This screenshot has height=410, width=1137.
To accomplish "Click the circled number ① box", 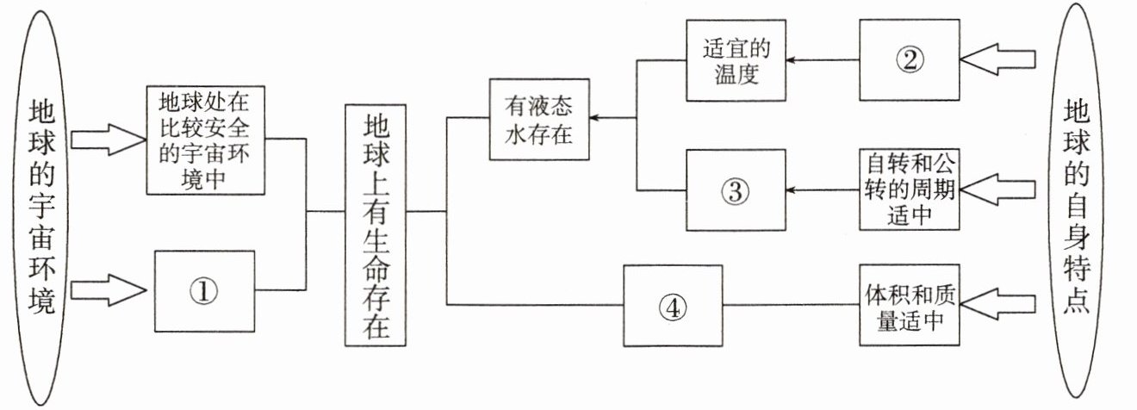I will click(x=204, y=292).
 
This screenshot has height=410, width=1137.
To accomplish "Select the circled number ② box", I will click(x=909, y=59).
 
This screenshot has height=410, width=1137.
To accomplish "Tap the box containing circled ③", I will click(x=735, y=190).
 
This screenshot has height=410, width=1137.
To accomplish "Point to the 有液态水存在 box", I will click(x=539, y=120).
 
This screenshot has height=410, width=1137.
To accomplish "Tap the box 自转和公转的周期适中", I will click(x=909, y=190).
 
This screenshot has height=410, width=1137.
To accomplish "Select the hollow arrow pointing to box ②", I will click(x=999, y=59).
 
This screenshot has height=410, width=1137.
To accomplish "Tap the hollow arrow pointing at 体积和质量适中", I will click(x=999, y=307).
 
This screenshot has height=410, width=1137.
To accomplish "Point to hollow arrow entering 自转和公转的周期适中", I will click(x=999, y=189).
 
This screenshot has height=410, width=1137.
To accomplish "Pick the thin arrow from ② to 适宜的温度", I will click(x=823, y=60).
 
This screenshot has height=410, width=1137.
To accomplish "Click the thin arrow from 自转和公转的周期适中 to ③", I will click(x=823, y=190).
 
